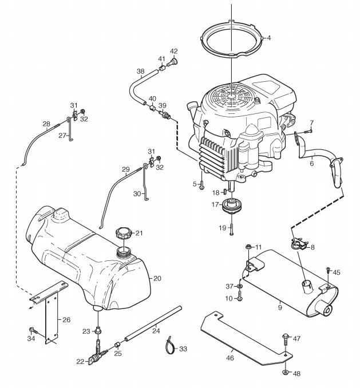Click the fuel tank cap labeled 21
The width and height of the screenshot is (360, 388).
(122, 233)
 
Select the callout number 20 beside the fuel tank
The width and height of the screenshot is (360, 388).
(157, 278)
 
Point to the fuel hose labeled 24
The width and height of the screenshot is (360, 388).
(153, 323)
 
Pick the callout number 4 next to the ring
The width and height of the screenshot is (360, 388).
(269, 38)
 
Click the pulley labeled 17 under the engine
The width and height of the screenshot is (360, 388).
(231, 205)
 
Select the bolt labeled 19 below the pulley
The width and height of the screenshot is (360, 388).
(231, 229)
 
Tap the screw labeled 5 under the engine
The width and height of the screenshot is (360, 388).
(201, 185)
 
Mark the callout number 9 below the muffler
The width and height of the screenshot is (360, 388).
(280, 307)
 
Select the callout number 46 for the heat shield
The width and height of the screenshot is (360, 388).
(230, 358)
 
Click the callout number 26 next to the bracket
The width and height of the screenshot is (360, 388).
(66, 320)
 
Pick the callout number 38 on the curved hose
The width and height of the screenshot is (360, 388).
(141, 72)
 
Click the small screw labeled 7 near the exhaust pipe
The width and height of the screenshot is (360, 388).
(308, 132)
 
